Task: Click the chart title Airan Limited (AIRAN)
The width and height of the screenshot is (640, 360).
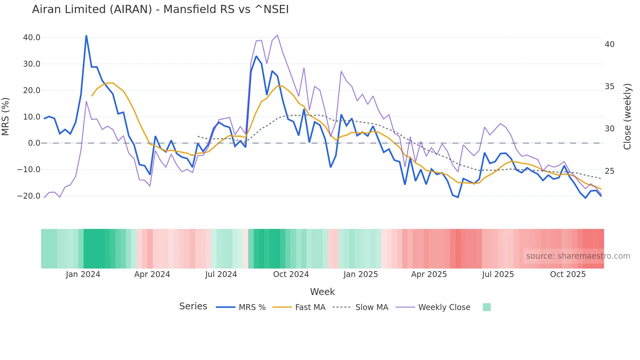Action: pos(160,9)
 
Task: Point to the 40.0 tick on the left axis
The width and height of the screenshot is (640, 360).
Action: pos(32,38)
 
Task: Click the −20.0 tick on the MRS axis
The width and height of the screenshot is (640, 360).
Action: pos(29,196)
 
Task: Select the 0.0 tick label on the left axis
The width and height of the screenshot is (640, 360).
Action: pos(34,143)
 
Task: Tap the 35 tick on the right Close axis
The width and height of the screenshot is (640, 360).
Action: pos(609,87)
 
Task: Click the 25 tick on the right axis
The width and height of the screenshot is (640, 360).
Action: pos(609,171)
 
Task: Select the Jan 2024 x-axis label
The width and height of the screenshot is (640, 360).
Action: pos(83,274)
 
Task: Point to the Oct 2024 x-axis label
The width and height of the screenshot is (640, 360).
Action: pos(291,274)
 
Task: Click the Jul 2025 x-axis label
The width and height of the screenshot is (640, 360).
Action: pos(498,274)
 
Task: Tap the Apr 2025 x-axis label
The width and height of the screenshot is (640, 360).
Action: pos(429,274)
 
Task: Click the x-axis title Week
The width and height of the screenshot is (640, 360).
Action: pos(322,292)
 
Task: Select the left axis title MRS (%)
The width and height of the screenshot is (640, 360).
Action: pos(6,117)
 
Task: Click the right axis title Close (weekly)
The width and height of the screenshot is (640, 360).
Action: pos(627,117)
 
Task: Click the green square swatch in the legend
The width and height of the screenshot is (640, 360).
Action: pos(487,307)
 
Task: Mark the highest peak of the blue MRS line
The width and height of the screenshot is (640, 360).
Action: pos(86,35)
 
